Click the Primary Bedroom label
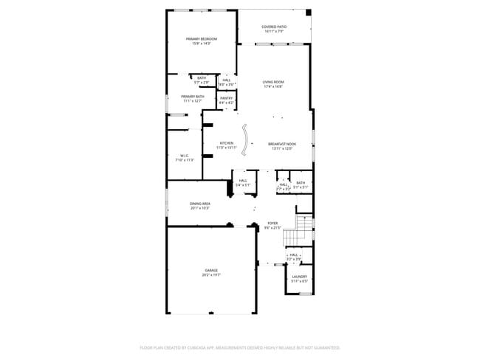(x=202, y=39)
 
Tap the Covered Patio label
(x=274, y=27)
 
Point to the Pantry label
(x=226, y=97)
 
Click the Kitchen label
(x=226, y=143)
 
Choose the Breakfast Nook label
(x=281, y=143)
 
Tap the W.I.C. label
(x=185, y=155)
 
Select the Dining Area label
(x=200, y=204)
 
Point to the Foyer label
(x=272, y=224)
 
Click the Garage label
(x=211, y=270)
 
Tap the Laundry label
(x=299, y=277)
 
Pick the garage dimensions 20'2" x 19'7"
(x=211, y=274)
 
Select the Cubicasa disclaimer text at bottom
(x=240, y=347)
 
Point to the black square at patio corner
(x=309, y=13)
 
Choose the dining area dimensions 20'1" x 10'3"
(x=200, y=208)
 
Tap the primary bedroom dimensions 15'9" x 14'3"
(x=202, y=44)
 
